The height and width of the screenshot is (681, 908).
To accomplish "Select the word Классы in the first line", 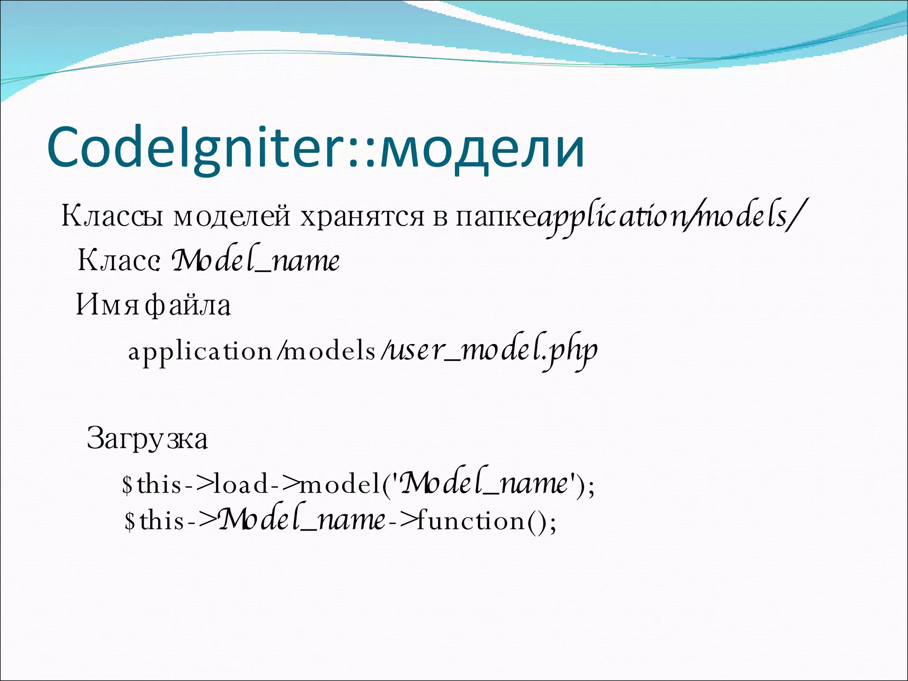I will pyautogui.click(x=113, y=216).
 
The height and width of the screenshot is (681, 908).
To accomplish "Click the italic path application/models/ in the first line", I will pyautogui.click(x=669, y=217).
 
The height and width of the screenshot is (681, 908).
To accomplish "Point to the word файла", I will pyautogui.click(x=188, y=305).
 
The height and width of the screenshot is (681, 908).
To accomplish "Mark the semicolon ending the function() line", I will pyautogui.click(x=552, y=523).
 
